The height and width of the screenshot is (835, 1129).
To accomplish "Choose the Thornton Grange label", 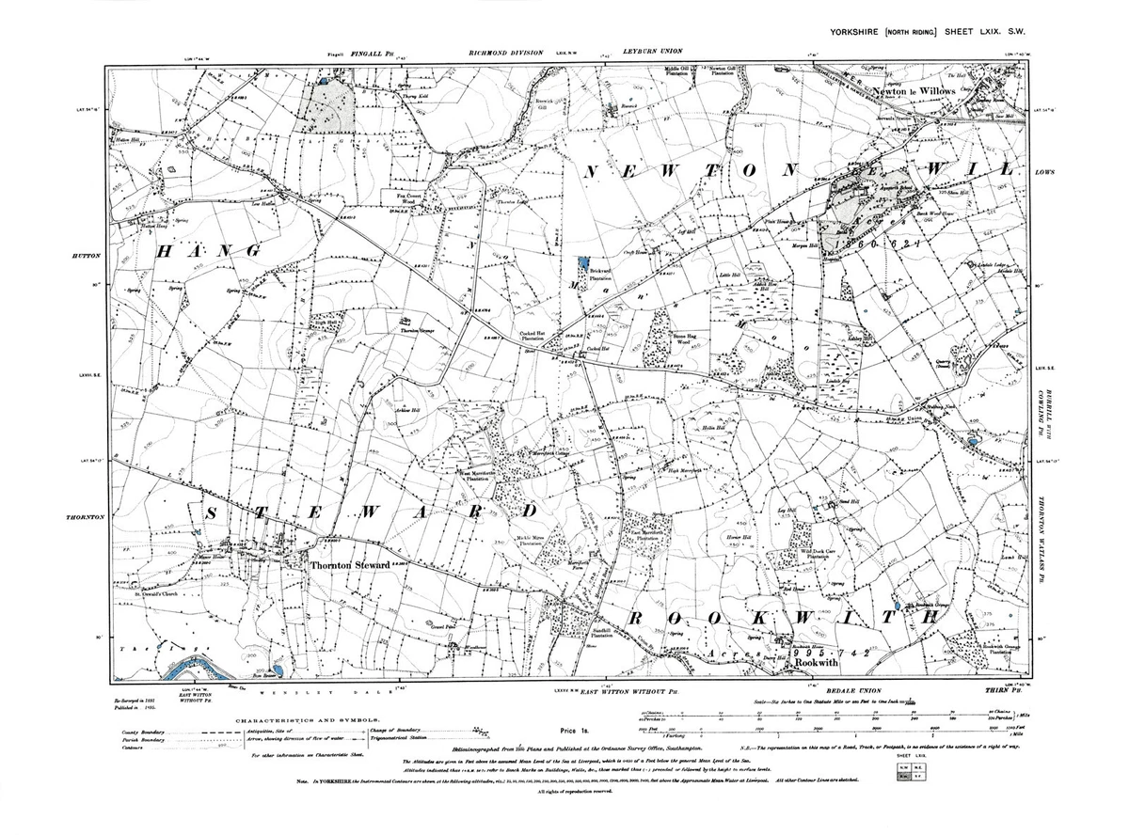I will pos(417,332).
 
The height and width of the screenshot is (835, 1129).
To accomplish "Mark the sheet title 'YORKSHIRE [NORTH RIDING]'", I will pos(883,32).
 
